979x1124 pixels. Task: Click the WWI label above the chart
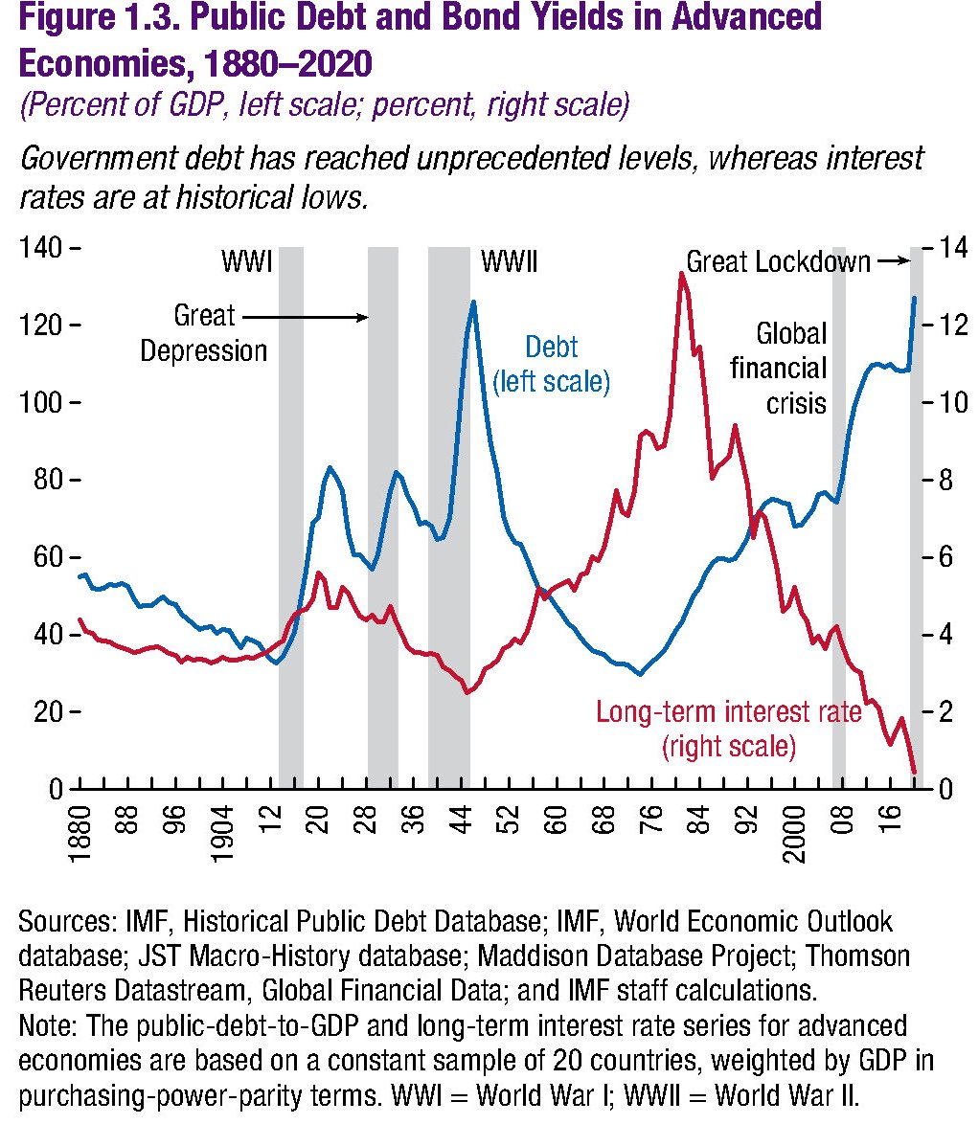click(x=248, y=261)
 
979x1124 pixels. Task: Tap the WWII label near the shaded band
click(x=509, y=261)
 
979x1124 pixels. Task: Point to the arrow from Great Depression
click(x=307, y=316)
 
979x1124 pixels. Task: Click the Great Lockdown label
click(x=778, y=261)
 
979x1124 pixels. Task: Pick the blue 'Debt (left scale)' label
click(x=551, y=364)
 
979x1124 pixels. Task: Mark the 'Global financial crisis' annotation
click(x=791, y=368)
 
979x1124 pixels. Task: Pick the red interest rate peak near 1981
click(x=681, y=274)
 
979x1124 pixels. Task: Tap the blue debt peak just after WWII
click(x=473, y=303)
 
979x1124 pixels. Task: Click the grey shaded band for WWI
click(x=291, y=517)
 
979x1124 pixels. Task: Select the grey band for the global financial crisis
click(x=839, y=517)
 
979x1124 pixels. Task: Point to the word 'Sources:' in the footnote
click(x=67, y=923)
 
